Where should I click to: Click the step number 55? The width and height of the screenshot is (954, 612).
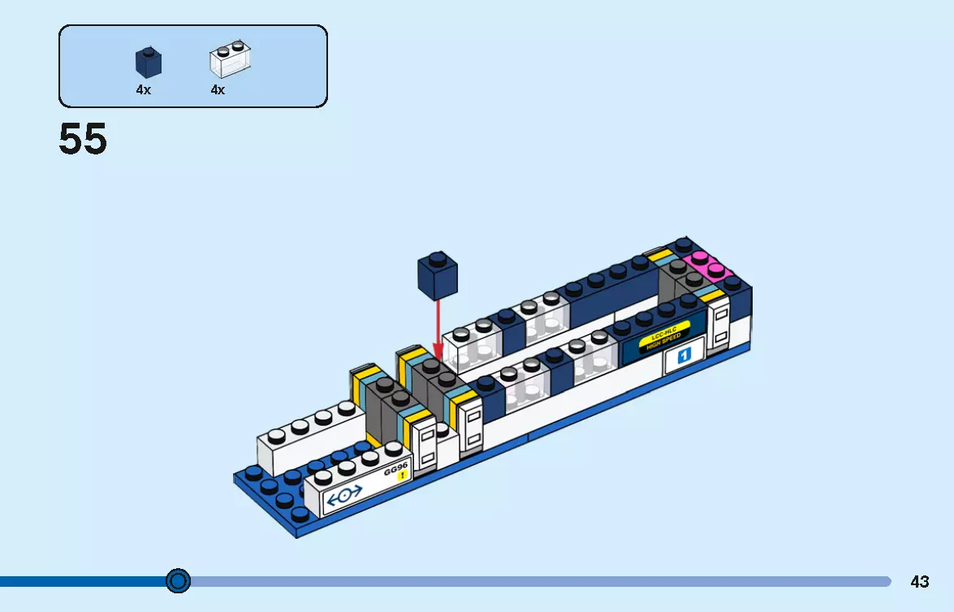click(x=83, y=140)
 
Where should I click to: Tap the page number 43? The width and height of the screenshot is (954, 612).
click(x=919, y=582)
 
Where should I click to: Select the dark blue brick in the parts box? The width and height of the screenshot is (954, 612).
click(x=147, y=62)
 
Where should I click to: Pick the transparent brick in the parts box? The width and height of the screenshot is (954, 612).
click(x=230, y=59)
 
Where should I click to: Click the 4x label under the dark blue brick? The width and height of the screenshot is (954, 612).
click(x=143, y=90)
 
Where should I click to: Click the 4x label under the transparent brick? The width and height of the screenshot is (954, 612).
click(x=218, y=90)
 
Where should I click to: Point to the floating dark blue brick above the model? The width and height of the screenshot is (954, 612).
click(x=437, y=275)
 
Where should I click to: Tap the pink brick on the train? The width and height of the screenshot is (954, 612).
click(x=707, y=266)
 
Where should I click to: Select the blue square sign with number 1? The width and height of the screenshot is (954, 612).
click(x=683, y=355)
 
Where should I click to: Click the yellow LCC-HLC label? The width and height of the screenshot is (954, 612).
click(x=663, y=334)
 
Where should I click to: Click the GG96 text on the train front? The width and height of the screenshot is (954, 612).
click(x=395, y=470)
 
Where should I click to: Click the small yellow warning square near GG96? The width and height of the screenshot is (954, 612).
click(x=401, y=476)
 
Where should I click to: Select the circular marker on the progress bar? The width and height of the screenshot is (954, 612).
click(x=178, y=581)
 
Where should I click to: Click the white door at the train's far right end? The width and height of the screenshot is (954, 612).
click(x=720, y=325)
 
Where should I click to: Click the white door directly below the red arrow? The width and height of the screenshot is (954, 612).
click(x=470, y=424)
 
